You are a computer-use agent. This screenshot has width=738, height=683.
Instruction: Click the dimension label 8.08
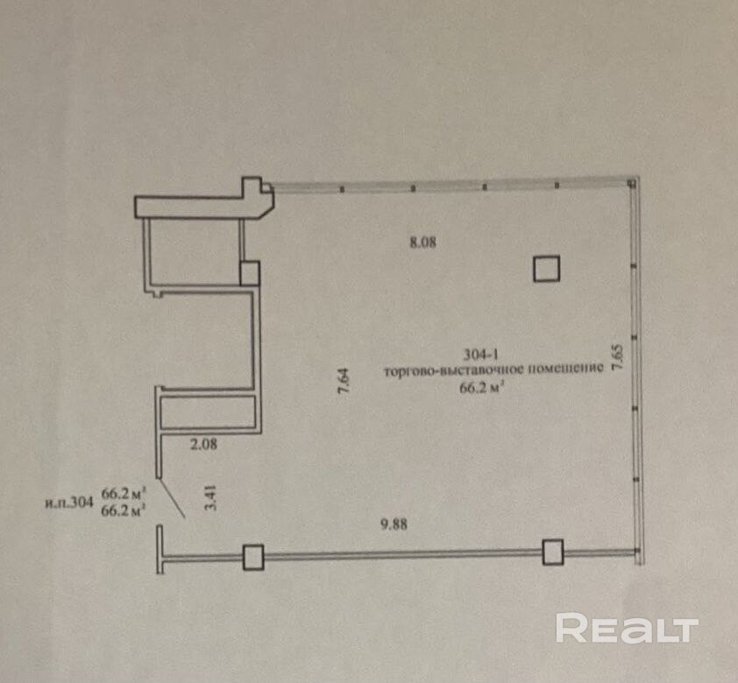click(422, 243)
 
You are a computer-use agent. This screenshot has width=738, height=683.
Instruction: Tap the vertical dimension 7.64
click(344, 381)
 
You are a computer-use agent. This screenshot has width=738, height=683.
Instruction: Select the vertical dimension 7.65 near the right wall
click(617, 358)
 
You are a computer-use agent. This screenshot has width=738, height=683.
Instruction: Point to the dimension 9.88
click(394, 524)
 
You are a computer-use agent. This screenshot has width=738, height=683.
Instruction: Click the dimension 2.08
click(204, 444)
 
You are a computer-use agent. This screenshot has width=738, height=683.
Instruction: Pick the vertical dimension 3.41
click(211, 497)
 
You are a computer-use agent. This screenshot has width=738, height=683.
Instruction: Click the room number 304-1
click(481, 354)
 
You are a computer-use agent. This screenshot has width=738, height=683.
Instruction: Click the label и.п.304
click(68, 503)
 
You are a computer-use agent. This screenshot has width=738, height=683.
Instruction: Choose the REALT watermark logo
click(627, 629)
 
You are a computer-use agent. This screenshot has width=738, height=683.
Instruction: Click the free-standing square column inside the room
click(546, 269)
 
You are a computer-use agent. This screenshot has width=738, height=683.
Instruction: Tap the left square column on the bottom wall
click(253, 557)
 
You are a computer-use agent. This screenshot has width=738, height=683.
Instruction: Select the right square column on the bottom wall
click(552, 552)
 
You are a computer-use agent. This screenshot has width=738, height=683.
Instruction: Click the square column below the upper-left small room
click(250, 273)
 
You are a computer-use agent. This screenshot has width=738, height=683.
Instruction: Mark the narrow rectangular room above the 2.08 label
click(209, 412)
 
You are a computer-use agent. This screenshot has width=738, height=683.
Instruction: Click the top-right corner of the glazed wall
click(638, 178)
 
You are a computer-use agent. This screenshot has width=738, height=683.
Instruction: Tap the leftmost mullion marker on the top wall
click(342, 189)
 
